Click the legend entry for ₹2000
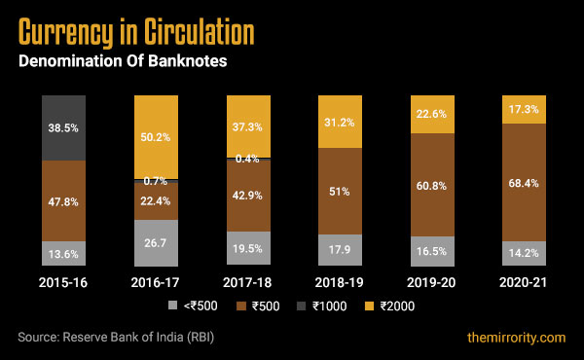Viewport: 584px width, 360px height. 390,306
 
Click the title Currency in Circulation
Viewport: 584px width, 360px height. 136,32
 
